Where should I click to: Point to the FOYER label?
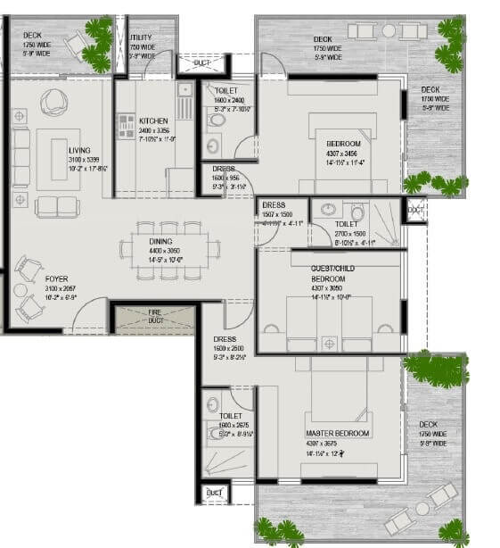[57, 278]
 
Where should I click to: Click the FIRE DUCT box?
[153, 317]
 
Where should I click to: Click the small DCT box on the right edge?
[414, 209]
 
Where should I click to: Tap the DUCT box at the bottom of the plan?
[213, 493]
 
